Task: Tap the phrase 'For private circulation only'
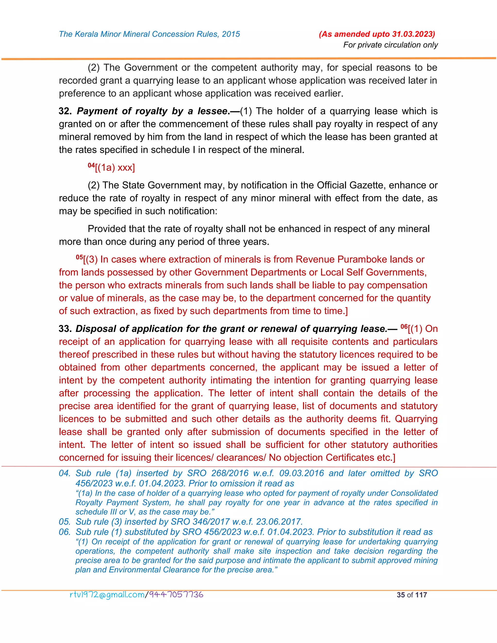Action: pyautogui.click(x=390, y=45)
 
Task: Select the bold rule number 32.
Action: pyautogui.click(x=65, y=111)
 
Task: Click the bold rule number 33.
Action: pyautogui.click(x=65, y=329)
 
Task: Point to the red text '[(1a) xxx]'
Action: pyautogui.click(x=115, y=168)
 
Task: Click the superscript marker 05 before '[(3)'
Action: pyautogui.click(x=79, y=257)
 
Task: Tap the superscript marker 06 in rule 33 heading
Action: pyautogui.click(x=404, y=327)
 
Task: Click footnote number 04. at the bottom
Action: pyautogui.click(x=65, y=473)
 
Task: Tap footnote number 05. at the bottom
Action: pyautogui.click(x=65, y=522)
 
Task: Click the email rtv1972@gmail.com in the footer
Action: pyautogui.click(x=107, y=595)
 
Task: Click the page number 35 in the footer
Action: pyautogui.click(x=401, y=595)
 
